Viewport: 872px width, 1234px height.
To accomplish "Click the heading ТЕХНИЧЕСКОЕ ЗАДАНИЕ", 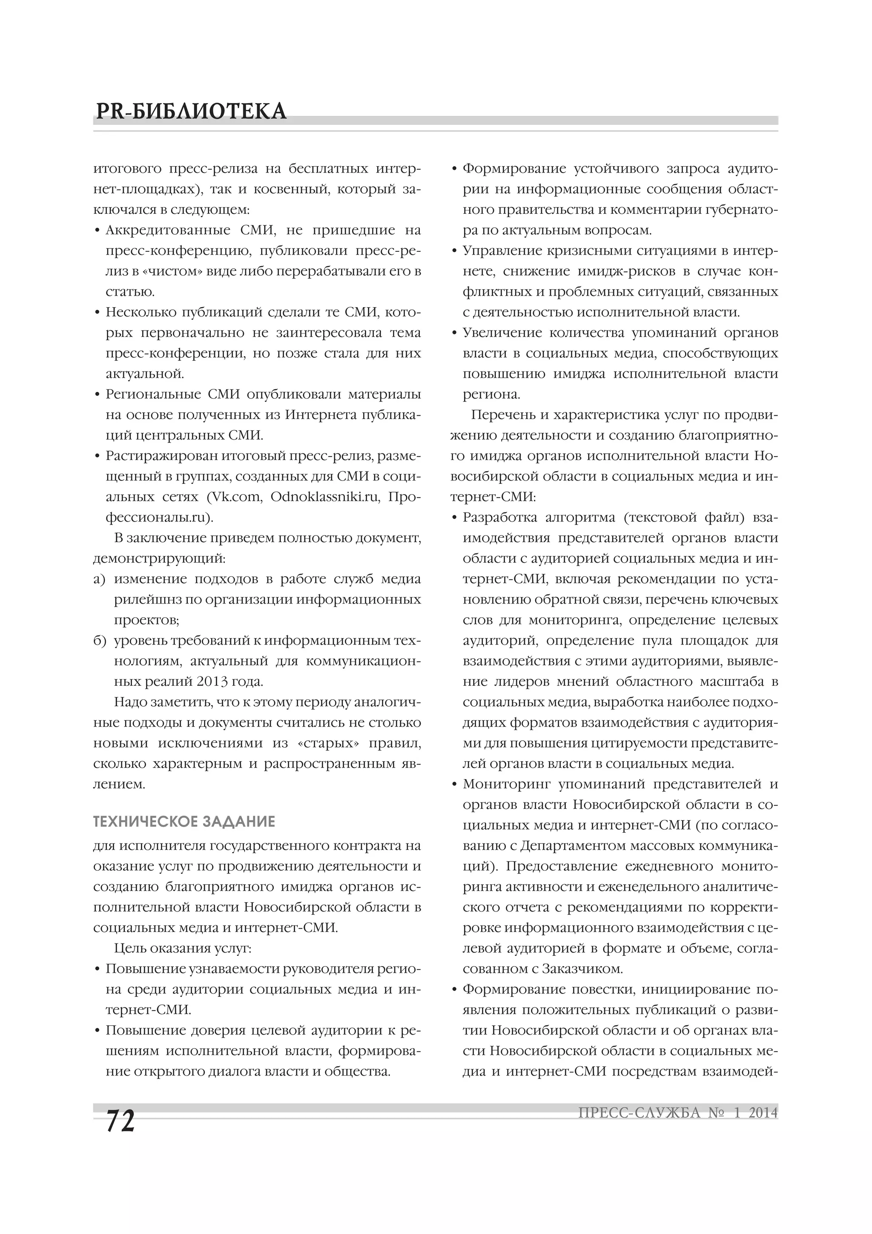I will pyautogui.click(x=184, y=821).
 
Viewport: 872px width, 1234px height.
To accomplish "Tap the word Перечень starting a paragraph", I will pyautogui.click(x=502, y=415).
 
